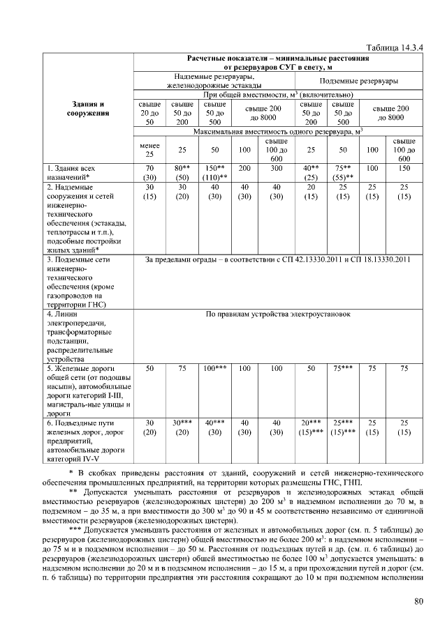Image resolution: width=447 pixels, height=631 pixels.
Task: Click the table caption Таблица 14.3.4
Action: (395, 47)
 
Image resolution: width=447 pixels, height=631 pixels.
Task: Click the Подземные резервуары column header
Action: (359, 82)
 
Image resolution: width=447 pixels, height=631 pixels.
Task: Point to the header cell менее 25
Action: (149, 149)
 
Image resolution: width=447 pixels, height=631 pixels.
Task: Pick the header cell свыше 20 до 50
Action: (149, 112)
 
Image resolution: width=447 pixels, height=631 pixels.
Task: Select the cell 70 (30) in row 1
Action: (149, 173)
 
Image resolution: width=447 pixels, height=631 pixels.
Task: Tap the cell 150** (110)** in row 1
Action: (214, 173)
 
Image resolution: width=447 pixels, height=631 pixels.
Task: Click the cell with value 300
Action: (277, 169)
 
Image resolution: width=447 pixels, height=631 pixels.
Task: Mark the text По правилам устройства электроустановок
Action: (278, 314)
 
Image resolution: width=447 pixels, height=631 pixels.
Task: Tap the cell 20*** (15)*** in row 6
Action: (310, 427)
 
